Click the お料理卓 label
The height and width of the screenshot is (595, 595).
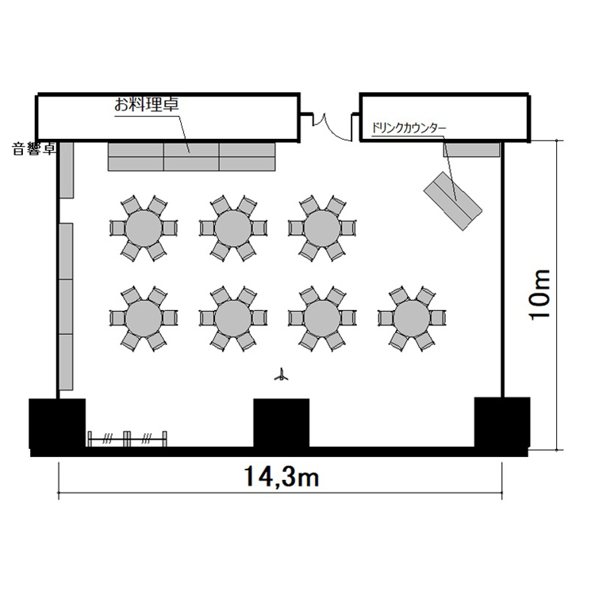pyautogui.click(x=147, y=105)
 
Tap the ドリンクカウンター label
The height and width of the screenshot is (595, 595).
pyautogui.click(x=409, y=129)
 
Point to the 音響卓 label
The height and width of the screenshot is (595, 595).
pyautogui.click(x=34, y=149)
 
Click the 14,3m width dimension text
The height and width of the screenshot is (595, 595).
pyautogui.click(x=281, y=476)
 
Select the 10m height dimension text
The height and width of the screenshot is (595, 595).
pyautogui.click(x=539, y=295)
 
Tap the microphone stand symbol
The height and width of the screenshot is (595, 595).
pyautogui.click(x=281, y=375)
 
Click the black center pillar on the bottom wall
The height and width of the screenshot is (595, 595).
pyautogui.click(x=281, y=423)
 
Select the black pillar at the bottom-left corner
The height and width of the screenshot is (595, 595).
pyautogui.click(x=57, y=423)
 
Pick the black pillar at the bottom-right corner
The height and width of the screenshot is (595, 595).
pyautogui.click(x=502, y=422)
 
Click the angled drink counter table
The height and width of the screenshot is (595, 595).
pyautogui.click(x=453, y=202)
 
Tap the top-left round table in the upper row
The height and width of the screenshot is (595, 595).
pyautogui.click(x=144, y=228)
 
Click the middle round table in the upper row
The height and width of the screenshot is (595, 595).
pyautogui.click(x=233, y=228)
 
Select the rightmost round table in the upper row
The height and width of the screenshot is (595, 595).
pyautogui.click(x=322, y=228)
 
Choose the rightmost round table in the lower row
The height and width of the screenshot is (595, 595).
pyautogui.click(x=412, y=318)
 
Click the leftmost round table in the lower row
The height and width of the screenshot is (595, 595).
pyautogui.click(x=144, y=318)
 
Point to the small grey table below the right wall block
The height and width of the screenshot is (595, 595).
pyautogui.click(x=471, y=150)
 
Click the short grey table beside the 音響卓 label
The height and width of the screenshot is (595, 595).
pyautogui.click(x=67, y=170)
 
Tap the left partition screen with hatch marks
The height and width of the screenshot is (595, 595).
pyautogui.click(x=108, y=440)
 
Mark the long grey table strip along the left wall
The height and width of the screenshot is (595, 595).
pyautogui.click(x=66, y=306)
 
